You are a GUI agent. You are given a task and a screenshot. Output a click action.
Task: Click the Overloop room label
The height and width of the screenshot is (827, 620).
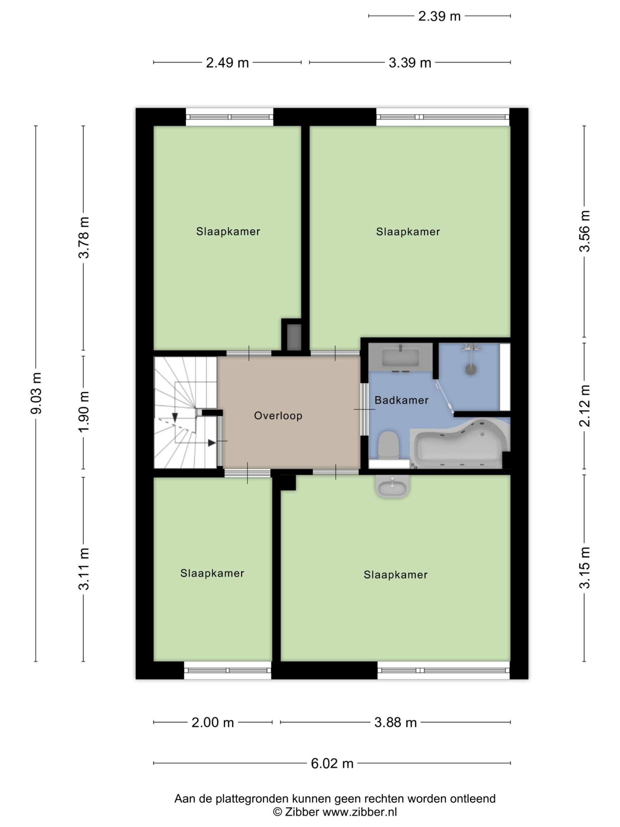click(x=278, y=415)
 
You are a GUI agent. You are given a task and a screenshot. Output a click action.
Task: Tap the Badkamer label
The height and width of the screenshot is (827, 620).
click(x=401, y=400)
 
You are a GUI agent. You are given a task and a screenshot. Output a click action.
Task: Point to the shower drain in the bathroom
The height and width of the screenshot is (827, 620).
click(x=471, y=370)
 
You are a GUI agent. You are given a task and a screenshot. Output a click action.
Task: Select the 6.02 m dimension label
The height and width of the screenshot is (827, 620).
click(x=332, y=763)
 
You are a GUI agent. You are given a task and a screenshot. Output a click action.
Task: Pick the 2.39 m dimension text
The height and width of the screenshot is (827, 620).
click(x=439, y=16)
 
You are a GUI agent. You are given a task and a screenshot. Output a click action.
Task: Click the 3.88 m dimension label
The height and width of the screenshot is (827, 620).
click(x=395, y=723)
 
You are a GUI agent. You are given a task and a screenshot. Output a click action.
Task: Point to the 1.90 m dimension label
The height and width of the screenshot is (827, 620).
click(x=83, y=412)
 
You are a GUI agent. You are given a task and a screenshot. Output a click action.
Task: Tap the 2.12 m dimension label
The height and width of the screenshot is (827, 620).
click(x=584, y=406)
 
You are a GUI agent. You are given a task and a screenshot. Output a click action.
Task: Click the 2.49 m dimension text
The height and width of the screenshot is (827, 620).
click(x=227, y=62)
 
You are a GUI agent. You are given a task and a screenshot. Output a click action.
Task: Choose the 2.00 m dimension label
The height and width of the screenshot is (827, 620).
click(x=213, y=723)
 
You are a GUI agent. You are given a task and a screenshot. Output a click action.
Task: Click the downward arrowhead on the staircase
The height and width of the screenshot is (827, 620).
click(x=174, y=418)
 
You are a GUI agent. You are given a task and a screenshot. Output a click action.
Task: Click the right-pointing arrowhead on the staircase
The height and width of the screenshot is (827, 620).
click(x=212, y=443)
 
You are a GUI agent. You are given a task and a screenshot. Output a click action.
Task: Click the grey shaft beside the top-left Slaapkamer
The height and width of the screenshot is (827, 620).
click(x=294, y=337)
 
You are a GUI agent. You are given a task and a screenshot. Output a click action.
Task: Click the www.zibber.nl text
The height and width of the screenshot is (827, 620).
click(x=359, y=812)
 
